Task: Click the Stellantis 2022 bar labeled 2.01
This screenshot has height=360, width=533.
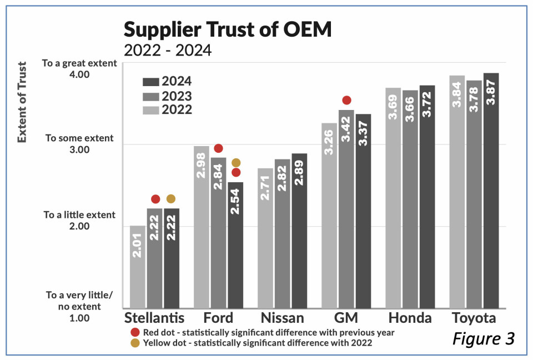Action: pyautogui.click(x=138, y=267)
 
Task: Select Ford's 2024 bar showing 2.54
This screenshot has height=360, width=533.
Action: pyautogui.click(x=235, y=244)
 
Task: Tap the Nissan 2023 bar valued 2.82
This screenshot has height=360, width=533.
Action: pyautogui.click(x=282, y=233)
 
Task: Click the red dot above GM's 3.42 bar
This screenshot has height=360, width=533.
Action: pyautogui.click(x=347, y=100)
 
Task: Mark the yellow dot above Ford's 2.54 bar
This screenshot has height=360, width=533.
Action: pyautogui.click(x=236, y=163)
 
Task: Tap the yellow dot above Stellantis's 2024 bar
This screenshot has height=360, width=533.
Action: pyautogui.click(x=170, y=199)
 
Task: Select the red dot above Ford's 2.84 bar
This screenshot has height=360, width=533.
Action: pyautogui.click(x=218, y=148)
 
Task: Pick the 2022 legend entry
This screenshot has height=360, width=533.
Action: pyautogui.click(x=167, y=109)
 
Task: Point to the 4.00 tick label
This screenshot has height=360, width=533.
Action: pyautogui.click(x=80, y=74)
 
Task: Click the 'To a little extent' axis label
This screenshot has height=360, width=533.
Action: pyautogui.click(x=79, y=214)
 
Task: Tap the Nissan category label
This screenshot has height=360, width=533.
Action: pyautogui.click(x=282, y=318)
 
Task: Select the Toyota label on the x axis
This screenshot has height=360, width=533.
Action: pyautogui.click(x=474, y=318)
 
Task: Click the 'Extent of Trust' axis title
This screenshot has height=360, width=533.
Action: pyautogui.click(x=22, y=103)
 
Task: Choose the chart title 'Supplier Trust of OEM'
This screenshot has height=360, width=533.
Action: pyautogui.click(x=228, y=29)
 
